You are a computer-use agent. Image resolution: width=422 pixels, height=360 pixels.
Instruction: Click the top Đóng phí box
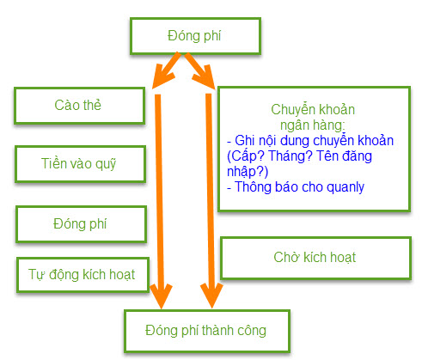(x=195, y=36)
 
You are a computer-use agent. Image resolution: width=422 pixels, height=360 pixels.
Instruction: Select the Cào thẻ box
(x=79, y=106)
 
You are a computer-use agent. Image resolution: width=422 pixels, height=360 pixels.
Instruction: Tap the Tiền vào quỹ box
(x=80, y=164)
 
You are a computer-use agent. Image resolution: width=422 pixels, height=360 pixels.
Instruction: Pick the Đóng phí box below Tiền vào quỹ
(x=81, y=224)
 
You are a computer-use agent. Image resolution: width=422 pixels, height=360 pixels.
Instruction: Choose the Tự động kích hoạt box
(x=83, y=275)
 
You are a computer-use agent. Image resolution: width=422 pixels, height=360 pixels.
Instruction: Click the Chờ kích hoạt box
(x=315, y=258)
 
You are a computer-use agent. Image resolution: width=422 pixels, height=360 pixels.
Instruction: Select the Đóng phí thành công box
(x=207, y=331)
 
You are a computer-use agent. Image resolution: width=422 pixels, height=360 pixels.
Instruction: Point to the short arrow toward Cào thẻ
(x=166, y=70)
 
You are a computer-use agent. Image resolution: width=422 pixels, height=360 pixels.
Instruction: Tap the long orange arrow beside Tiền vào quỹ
(x=160, y=200)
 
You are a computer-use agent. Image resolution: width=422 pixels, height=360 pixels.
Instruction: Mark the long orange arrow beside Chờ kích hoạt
(x=211, y=200)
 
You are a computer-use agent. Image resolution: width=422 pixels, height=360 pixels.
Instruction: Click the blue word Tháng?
(x=291, y=156)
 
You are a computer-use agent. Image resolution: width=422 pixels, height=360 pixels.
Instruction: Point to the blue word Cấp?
(x=246, y=156)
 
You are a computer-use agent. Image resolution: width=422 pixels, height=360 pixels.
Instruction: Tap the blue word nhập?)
(x=248, y=172)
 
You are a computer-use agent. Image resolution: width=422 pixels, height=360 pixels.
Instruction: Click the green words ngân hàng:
(x=312, y=125)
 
